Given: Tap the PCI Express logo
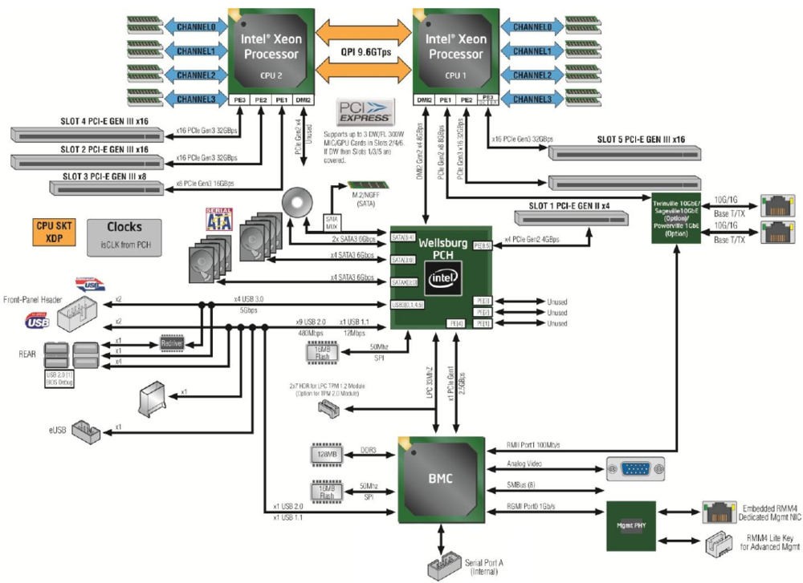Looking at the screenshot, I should pyautogui.click(x=364, y=111).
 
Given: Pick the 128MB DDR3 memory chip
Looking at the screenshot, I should pyautogui.click(x=327, y=455).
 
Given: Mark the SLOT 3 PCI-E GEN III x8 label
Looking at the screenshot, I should pyautogui.click(x=104, y=176).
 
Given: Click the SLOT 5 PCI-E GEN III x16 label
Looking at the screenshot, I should pyautogui.click(x=640, y=140).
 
